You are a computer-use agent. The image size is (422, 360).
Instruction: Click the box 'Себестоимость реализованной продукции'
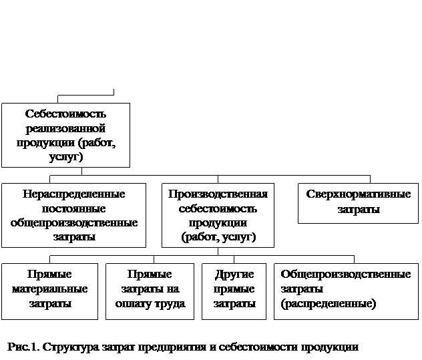pyautogui.click(x=65, y=135)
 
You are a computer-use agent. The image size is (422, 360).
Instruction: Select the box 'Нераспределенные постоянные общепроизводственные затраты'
pyautogui.click(x=73, y=216)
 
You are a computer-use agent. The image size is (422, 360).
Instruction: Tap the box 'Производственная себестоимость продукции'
pyautogui.click(x=218, y=216)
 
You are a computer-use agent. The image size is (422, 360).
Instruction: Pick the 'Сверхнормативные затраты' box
pyautogui.click(x=358, y=203)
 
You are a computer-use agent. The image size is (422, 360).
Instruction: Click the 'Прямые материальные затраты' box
pyautogui.click(x=50, y=292)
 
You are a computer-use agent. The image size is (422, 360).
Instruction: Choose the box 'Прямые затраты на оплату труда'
pyautogui.click(x=150, y=292)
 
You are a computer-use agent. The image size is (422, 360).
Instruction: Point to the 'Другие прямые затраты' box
pyautogui.click(x=234, y=292)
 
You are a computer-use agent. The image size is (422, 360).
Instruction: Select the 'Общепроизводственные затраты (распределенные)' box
pyautogui.click(x=346, y=292)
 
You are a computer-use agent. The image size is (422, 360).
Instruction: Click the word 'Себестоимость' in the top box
pyautogui.click(x=65, y=114)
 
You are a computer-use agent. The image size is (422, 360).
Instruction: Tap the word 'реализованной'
pyautogui.click(x=65, y=128)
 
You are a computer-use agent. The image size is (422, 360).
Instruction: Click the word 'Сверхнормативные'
pyautogui.click(x=358, y=194)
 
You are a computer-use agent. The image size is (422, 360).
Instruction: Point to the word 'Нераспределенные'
pyautogui.click(x=73, y=194)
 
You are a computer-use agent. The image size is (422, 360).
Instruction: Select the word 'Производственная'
pyautogui.click(x=218, y=194)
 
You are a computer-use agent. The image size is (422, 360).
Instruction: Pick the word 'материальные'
pyautogui.click(x=50, y=289)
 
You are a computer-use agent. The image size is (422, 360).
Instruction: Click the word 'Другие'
pyautogui.click(x=234, y=275)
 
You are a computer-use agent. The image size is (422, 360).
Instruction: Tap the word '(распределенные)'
pyautogui.click(x=329, y=304)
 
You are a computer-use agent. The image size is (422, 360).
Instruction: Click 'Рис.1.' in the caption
pyautogui.click(x=23, y=347)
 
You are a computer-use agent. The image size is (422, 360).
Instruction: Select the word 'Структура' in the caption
pyautogui.click(x=71, y=347)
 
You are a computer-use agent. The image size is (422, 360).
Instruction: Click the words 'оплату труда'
pyautogui.click(x=150, y=304)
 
